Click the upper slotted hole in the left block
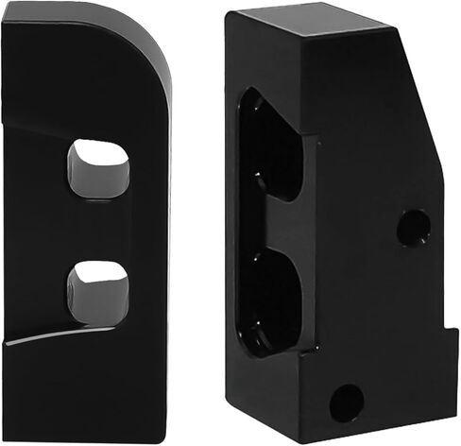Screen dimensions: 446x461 pos(98,169)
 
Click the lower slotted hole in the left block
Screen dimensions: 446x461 pos(98,292)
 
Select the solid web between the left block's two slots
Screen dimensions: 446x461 pos(98,231)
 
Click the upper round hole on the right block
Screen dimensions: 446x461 pos(413,228)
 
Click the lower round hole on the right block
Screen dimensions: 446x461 pos(347,403)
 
